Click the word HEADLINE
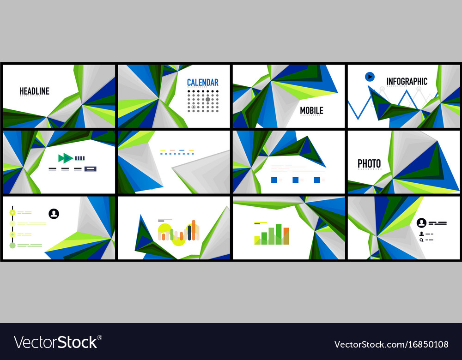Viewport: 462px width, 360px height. (34, 91)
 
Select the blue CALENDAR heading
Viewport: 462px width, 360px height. (202, 83)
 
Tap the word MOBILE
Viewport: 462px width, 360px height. (311, 111)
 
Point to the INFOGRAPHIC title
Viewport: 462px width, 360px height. (407, 82)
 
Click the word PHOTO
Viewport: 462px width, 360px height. (369, 163)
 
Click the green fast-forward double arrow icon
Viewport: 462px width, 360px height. (65, 158)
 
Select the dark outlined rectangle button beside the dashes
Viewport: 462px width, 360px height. (91, 169)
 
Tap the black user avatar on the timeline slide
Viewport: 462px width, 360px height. (54, 214)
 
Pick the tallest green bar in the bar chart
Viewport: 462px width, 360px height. (279, 234)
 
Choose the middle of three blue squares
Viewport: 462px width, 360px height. (295, 180)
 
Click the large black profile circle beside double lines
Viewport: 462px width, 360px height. (421, 223)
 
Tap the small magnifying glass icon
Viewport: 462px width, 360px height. (421, 240)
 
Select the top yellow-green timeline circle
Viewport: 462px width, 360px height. (12, 212)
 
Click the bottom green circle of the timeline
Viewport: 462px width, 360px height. (12, 245)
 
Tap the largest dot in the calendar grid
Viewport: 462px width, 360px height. (207, 99)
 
